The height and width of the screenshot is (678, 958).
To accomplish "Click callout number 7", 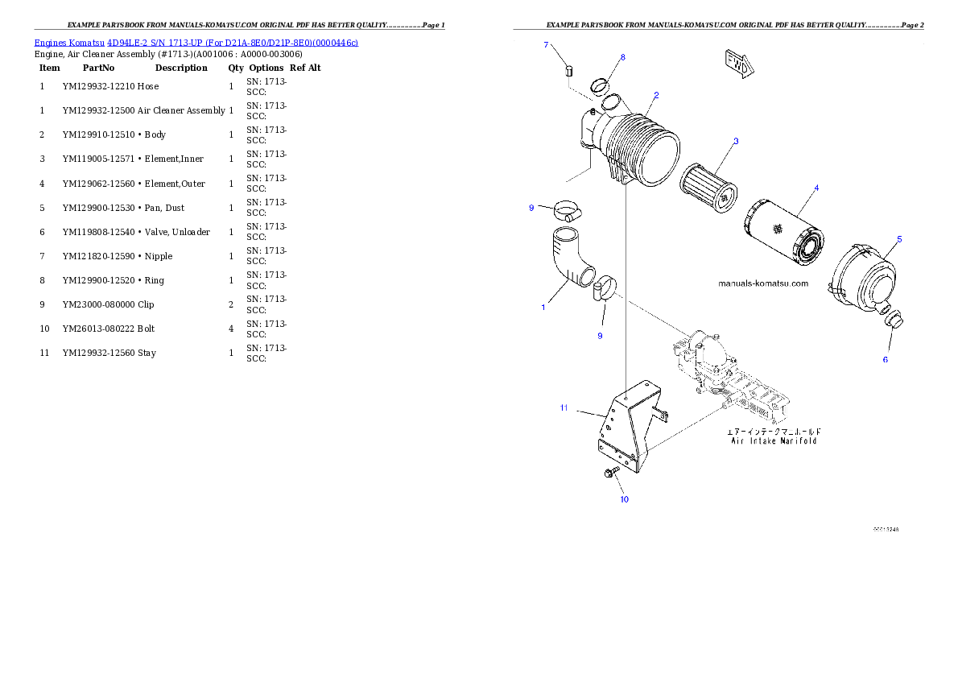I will tap(546, 45).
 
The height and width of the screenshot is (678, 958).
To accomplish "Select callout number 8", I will tap(622, 57).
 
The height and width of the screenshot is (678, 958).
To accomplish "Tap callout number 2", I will tap(656, 95).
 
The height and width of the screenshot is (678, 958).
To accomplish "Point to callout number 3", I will tap(735, 141).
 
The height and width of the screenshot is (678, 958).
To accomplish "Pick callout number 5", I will tap(899, 239).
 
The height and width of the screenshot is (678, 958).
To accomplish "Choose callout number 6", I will tap(886, 359).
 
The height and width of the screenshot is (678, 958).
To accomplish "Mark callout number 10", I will tap(624, 499).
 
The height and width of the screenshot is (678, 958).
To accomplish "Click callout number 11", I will tap(564, 408).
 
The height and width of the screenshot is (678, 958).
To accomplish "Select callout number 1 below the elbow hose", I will tap(543, 307).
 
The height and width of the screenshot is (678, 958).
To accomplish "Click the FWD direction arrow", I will tap(737, 64).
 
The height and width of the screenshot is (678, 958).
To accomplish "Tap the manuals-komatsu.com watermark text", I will tap(762, 283).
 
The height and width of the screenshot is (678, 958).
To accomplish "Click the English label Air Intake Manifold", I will tap(774, 441).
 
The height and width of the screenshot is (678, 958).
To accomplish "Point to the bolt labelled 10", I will tap(610, 473).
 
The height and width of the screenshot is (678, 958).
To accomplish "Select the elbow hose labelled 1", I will tap(572, 261).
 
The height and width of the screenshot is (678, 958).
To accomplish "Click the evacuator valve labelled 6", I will tap(894, 321).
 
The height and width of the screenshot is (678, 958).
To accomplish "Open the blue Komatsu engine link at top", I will tap(196, 42).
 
